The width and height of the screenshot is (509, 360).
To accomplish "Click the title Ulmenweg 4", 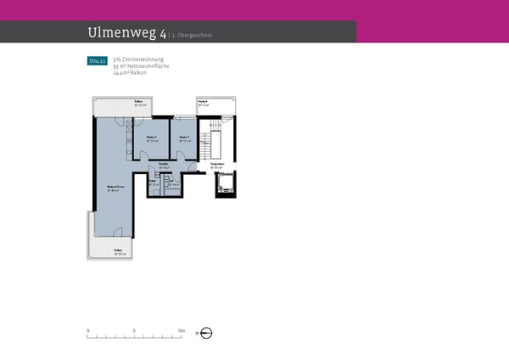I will point(126,33).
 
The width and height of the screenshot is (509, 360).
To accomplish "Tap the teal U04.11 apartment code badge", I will point(97,61).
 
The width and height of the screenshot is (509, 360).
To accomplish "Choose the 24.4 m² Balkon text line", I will point(130,72).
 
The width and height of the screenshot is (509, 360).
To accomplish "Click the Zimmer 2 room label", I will point(151,137).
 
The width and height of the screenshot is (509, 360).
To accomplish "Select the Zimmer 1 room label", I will point(184,137).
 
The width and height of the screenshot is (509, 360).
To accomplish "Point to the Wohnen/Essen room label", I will point(111,187).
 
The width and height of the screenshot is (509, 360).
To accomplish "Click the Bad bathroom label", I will point(154,181).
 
